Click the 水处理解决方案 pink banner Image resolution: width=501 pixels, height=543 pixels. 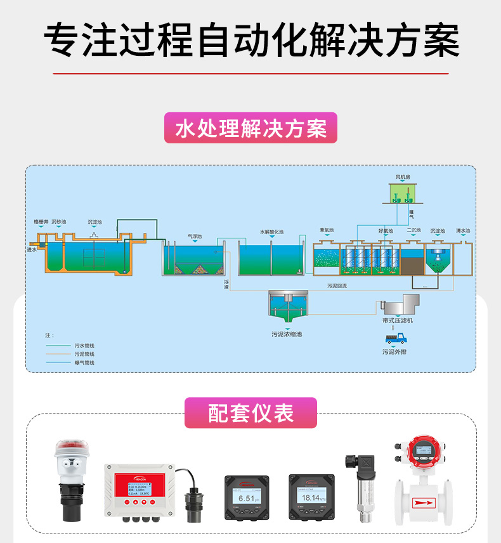(251, 128)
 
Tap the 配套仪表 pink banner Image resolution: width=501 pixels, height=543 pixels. (251, 413)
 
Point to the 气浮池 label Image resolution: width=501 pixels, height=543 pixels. (195, 237)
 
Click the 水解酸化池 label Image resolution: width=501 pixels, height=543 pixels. (271, 232)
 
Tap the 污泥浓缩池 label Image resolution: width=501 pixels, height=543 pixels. (287, 334)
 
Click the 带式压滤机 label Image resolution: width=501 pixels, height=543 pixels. (398, 321)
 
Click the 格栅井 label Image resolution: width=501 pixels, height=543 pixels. (41, 222)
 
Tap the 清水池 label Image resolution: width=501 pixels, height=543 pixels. (463, 231)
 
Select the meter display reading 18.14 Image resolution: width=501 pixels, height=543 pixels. (310, 499)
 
